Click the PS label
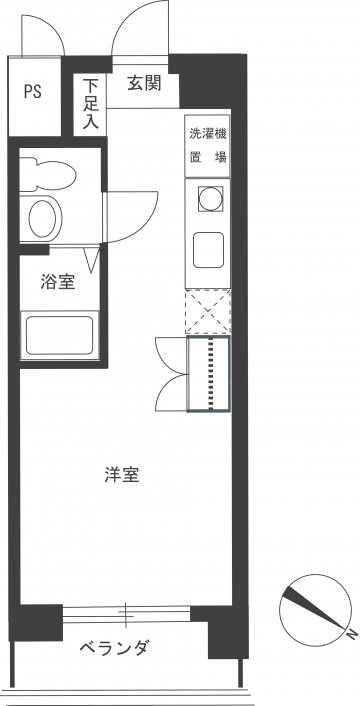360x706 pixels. (x=32, y=91)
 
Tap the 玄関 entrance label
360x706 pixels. (x=144, y=83)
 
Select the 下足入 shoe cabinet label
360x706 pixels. (x=91, y=104)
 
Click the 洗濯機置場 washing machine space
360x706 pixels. (x=207, y=146)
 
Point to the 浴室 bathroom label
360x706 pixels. (x=58, y=282)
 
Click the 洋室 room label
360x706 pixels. (x=122, y=475)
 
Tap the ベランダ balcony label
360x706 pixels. (x=114, y=648)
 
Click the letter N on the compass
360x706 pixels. (x=349, y=634)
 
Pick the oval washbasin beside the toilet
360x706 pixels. (x=43, y=219)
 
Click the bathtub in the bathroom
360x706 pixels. (x=59, y=335)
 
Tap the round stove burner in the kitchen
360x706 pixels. (x=210, y=199)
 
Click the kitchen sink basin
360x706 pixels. (x=208, y=250)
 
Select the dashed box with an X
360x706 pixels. (x=208, y=312)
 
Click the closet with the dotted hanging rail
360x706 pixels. (x=208, y=374)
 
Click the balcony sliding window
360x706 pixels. (x=126, y=615)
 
